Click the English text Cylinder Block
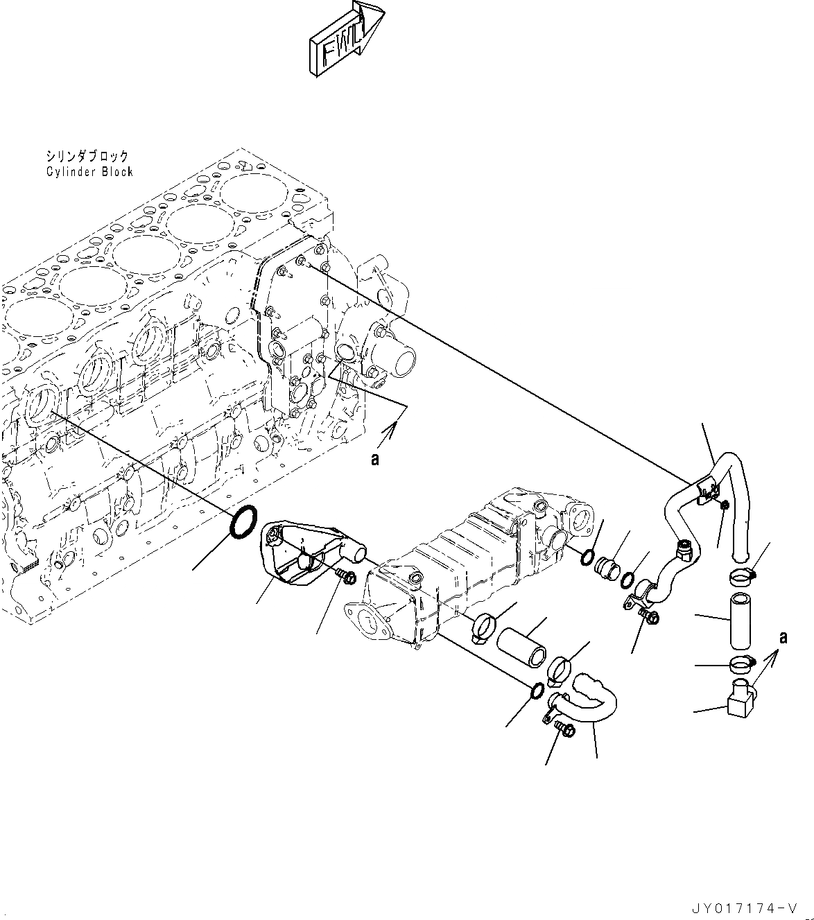click(89, 171)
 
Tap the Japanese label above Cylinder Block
click(87, 157)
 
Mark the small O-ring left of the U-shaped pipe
click(536, 691)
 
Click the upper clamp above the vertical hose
click(741, 574)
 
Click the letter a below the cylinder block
click(375, 459)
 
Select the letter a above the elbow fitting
click(783, 637)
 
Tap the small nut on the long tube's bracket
click(723, 505)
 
